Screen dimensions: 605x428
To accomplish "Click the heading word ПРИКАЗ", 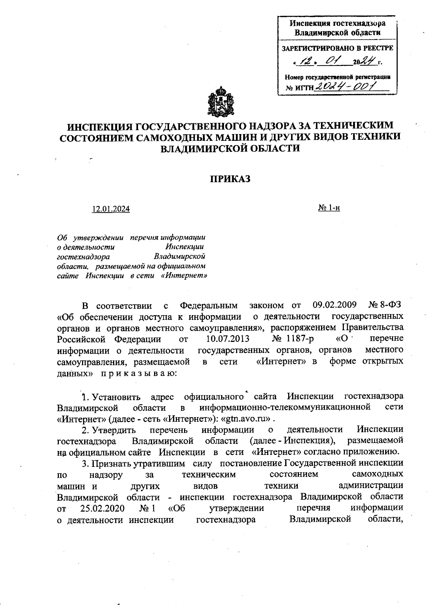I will coord(230,179).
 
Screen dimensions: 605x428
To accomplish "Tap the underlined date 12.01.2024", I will coord(111,209).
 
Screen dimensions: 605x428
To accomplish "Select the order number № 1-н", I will coord(329,207).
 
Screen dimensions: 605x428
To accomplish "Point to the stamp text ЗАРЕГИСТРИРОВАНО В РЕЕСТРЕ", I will coord(337,48).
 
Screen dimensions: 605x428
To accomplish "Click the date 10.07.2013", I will coord(228,338).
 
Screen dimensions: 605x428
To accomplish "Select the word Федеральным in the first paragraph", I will coord(209,306).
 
